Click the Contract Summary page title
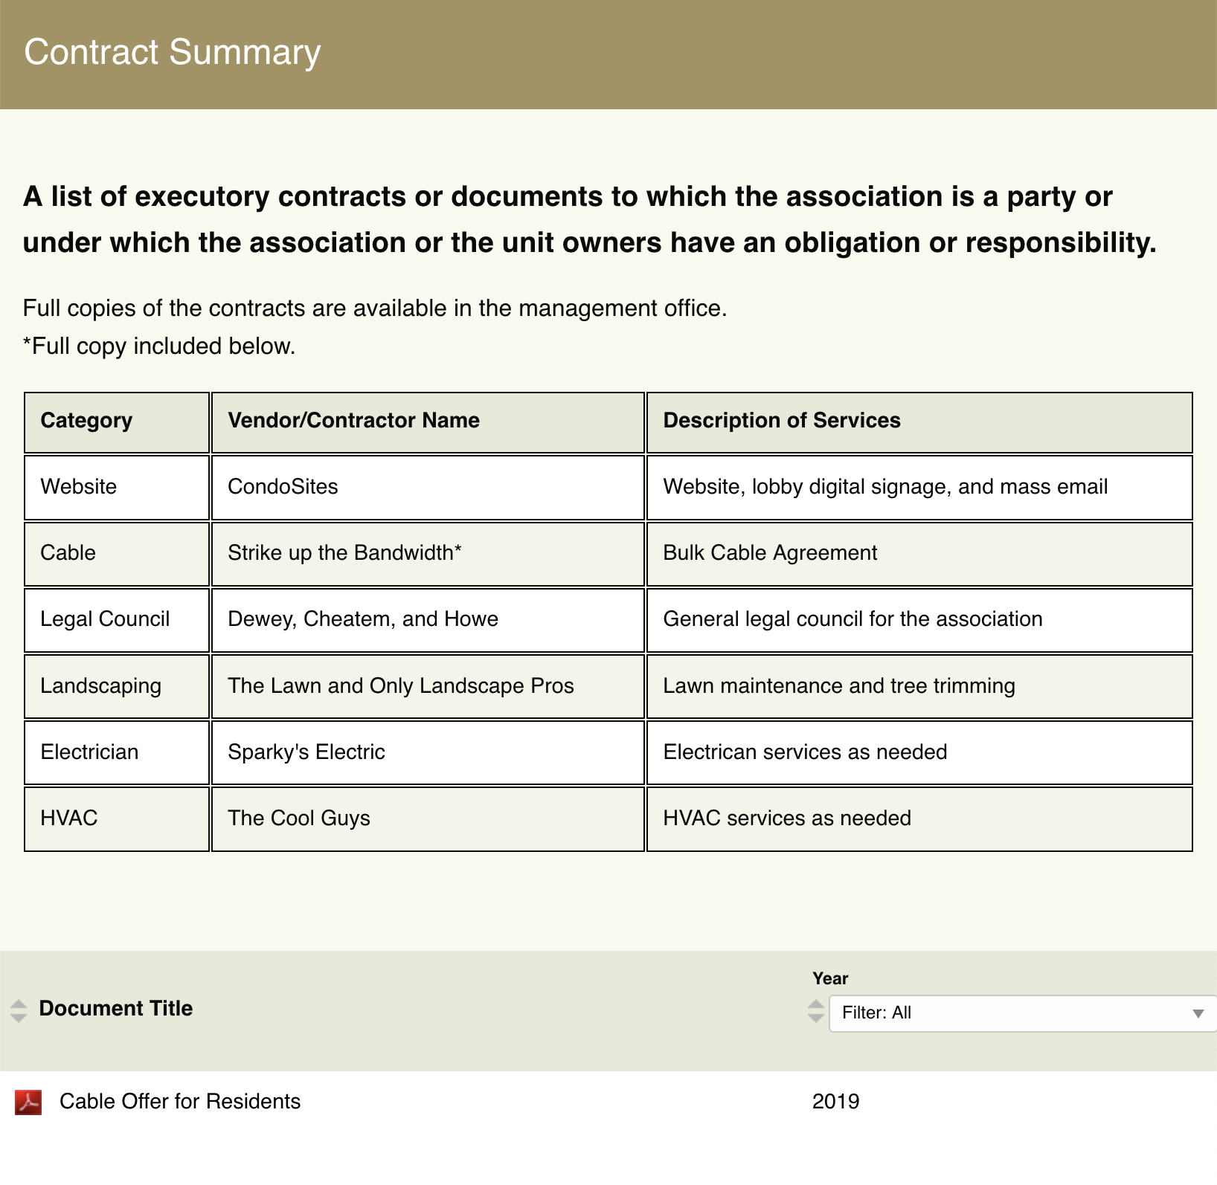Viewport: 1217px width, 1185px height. pyautogui.click(x=172, y=52)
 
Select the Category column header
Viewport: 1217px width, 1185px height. pyautogui.click(x=86, y=421)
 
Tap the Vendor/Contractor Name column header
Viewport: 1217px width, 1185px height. pyautogui.click(x=353, y=421)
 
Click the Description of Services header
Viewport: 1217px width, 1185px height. pyautogui.click(x=781, y=421)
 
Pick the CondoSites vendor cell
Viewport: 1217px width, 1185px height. pyautogui.click(x=283, y=487)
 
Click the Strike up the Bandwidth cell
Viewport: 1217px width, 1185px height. pyautogui.click(x=344, y=553)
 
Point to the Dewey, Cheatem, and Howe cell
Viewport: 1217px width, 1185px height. pyautogui.click(x=363, y=619)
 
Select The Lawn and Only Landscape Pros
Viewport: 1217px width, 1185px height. pyautogui.click(x=400, y=685)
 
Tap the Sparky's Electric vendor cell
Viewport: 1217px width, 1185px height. pyautogui.click(x=306, y=752)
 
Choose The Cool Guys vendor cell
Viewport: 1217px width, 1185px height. pyautogui.click(x=299, y=818)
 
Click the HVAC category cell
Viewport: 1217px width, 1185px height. pyautogui.click(x=69, y=818)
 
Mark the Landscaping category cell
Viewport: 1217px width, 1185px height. pyautogui.click(x=100, y=685)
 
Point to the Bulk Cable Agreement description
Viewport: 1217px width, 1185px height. pyautogui.click(x=770, y=553)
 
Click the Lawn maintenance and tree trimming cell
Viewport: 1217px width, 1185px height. pyautogui.click(x=838, y=685)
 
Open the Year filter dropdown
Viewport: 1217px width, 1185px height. pyautogui.click(x=1022, y=1013)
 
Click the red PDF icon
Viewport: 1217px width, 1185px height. pyautogui.click(x=28, y=1102)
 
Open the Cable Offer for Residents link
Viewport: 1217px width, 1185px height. pyautogui.click(x=180, y=1102)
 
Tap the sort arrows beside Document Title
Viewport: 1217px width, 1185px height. pyautogui.click(x=19, y=1010)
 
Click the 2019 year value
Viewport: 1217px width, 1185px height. pyautogui.click(x=835, y=1102)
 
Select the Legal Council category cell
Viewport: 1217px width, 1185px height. pyautogui.click(x=105, y=619)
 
